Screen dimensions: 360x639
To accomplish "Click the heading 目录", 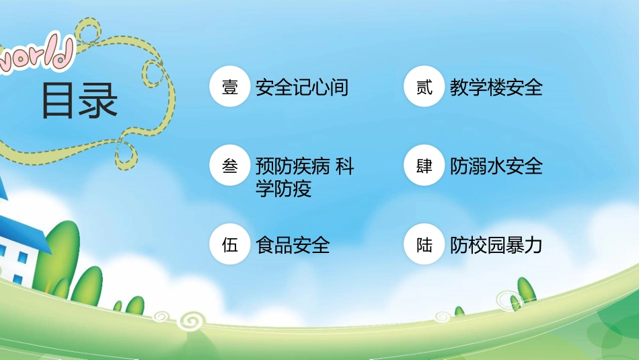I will pyautogui.click(x=79, y=101).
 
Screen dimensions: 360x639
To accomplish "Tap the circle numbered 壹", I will pyautogui.click(x=230, y=87).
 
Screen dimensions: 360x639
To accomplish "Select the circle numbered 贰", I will pyautogui.click(x=424, y=87).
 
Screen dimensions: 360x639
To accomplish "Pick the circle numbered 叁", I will pyautogui.click(x=230, y=166).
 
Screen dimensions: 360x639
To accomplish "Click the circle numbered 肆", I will pyautogui.click(x=424, y=166).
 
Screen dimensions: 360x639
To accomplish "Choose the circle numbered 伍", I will pyautogui.click(x=230, y=245).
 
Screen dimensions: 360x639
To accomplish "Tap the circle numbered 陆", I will pyautogui.click(x=424, y=245).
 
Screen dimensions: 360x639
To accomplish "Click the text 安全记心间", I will pyautogui.click(x=302, y=87).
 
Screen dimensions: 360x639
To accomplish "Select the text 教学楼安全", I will pyautogui.click(x=496, y=87).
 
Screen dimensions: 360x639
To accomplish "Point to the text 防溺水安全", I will pyautogui.click(x=496, y=166).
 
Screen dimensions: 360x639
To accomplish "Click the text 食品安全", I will pyautogui.click(x=293, y=245).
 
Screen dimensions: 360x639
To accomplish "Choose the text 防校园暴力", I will pyautogui.click(x=496, y=245).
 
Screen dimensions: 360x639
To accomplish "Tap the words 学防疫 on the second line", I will pyautogui.click(x=283, y=189).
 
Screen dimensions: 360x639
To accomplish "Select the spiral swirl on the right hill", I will pyautogui.click(x=442, y=316).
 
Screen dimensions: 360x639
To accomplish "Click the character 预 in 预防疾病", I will pyautogui.click(x=264, y=166).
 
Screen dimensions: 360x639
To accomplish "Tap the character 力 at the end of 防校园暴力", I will pyautogui.click(x=533, y=245).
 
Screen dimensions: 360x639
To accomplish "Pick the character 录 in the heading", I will pyautogui.click(x=99, y=101).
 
